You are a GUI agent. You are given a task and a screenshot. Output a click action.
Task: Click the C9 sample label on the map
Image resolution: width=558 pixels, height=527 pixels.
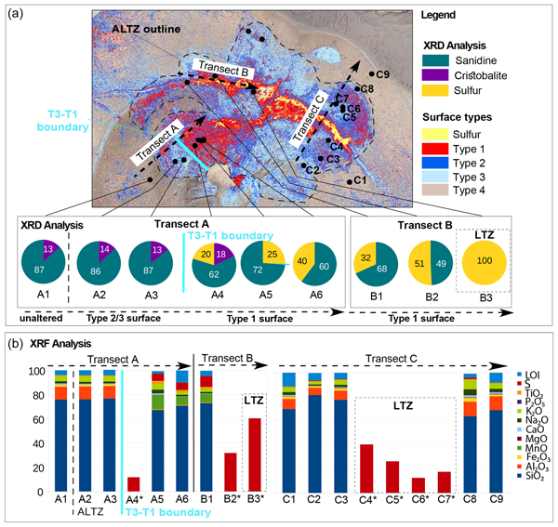382,73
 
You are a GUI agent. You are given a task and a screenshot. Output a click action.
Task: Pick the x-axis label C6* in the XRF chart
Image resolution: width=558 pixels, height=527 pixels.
419,499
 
